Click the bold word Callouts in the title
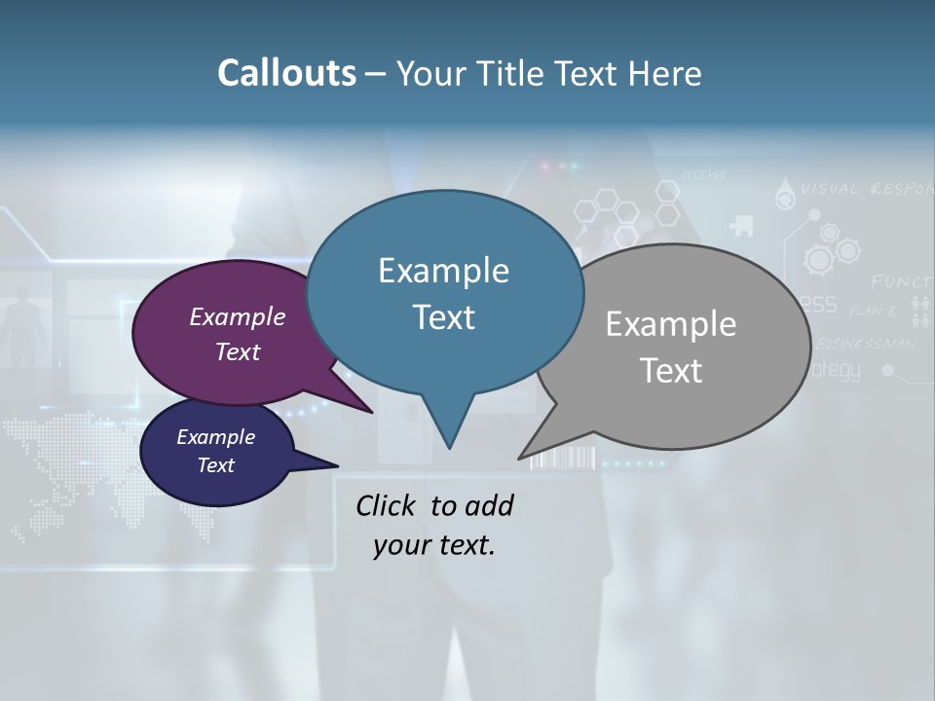tap(286, 73)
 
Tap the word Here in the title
tap(668, 74)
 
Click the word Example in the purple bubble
tap(237, 317)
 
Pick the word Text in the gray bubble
tap(671, 371)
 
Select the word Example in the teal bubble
tap(443, 271)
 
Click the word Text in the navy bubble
tap(216, 465)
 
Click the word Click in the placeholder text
tap(388, 505)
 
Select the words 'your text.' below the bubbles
tap(434, 545)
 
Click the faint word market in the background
tap(704, 174)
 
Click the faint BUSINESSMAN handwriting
tap(866, 344)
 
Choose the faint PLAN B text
tap(872, 312)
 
